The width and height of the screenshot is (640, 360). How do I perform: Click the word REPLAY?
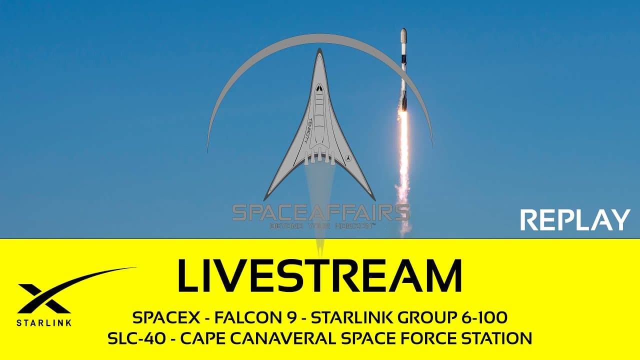[575, 220]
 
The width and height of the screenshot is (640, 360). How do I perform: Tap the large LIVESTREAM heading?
[320, 276]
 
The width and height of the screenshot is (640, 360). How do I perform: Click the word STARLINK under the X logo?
[44, 322]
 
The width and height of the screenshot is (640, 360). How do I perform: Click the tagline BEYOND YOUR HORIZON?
[322, 226]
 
